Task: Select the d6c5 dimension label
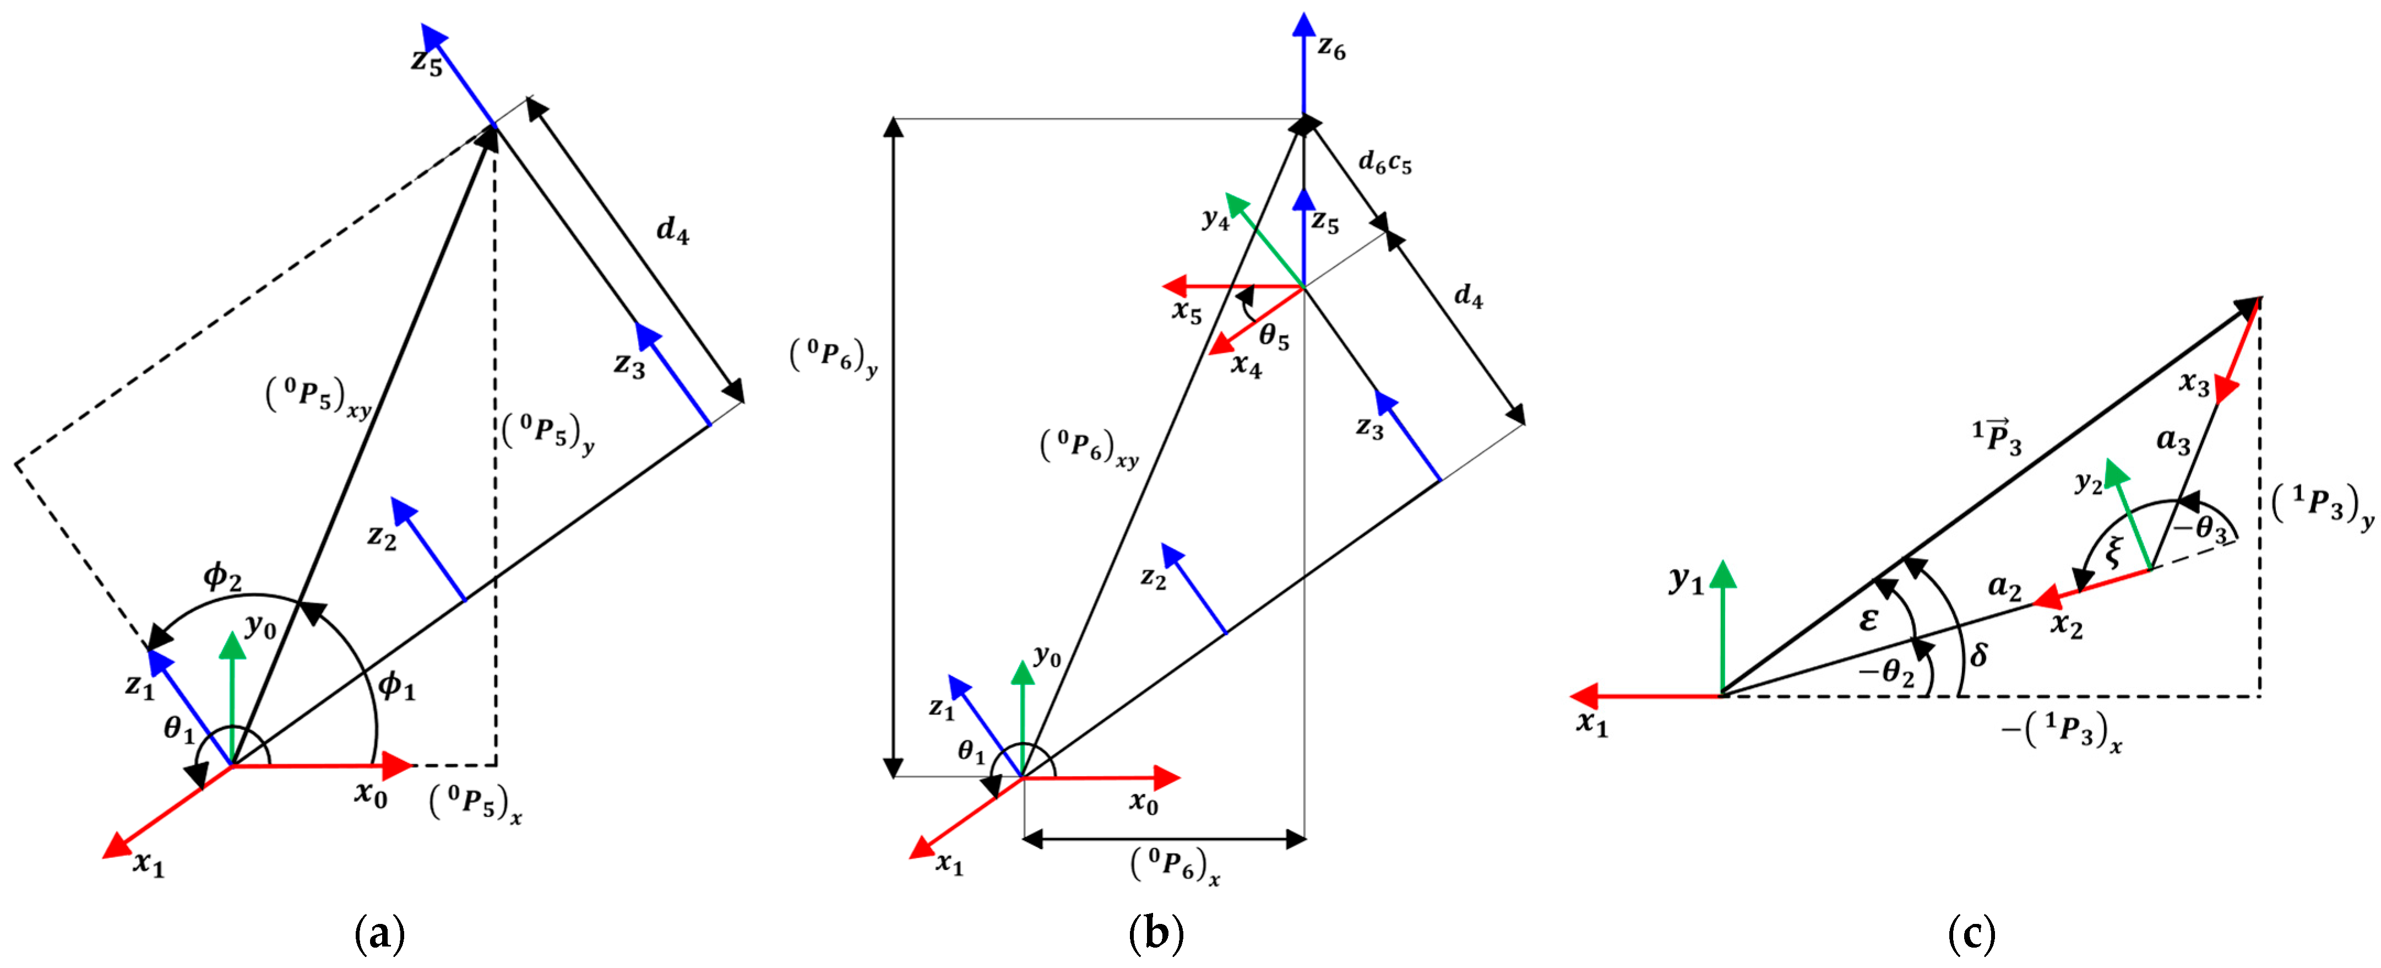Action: [x=1384, y=164]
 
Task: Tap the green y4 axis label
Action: [x=1215, y=219]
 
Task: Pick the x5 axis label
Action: [x=1187, y=312]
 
